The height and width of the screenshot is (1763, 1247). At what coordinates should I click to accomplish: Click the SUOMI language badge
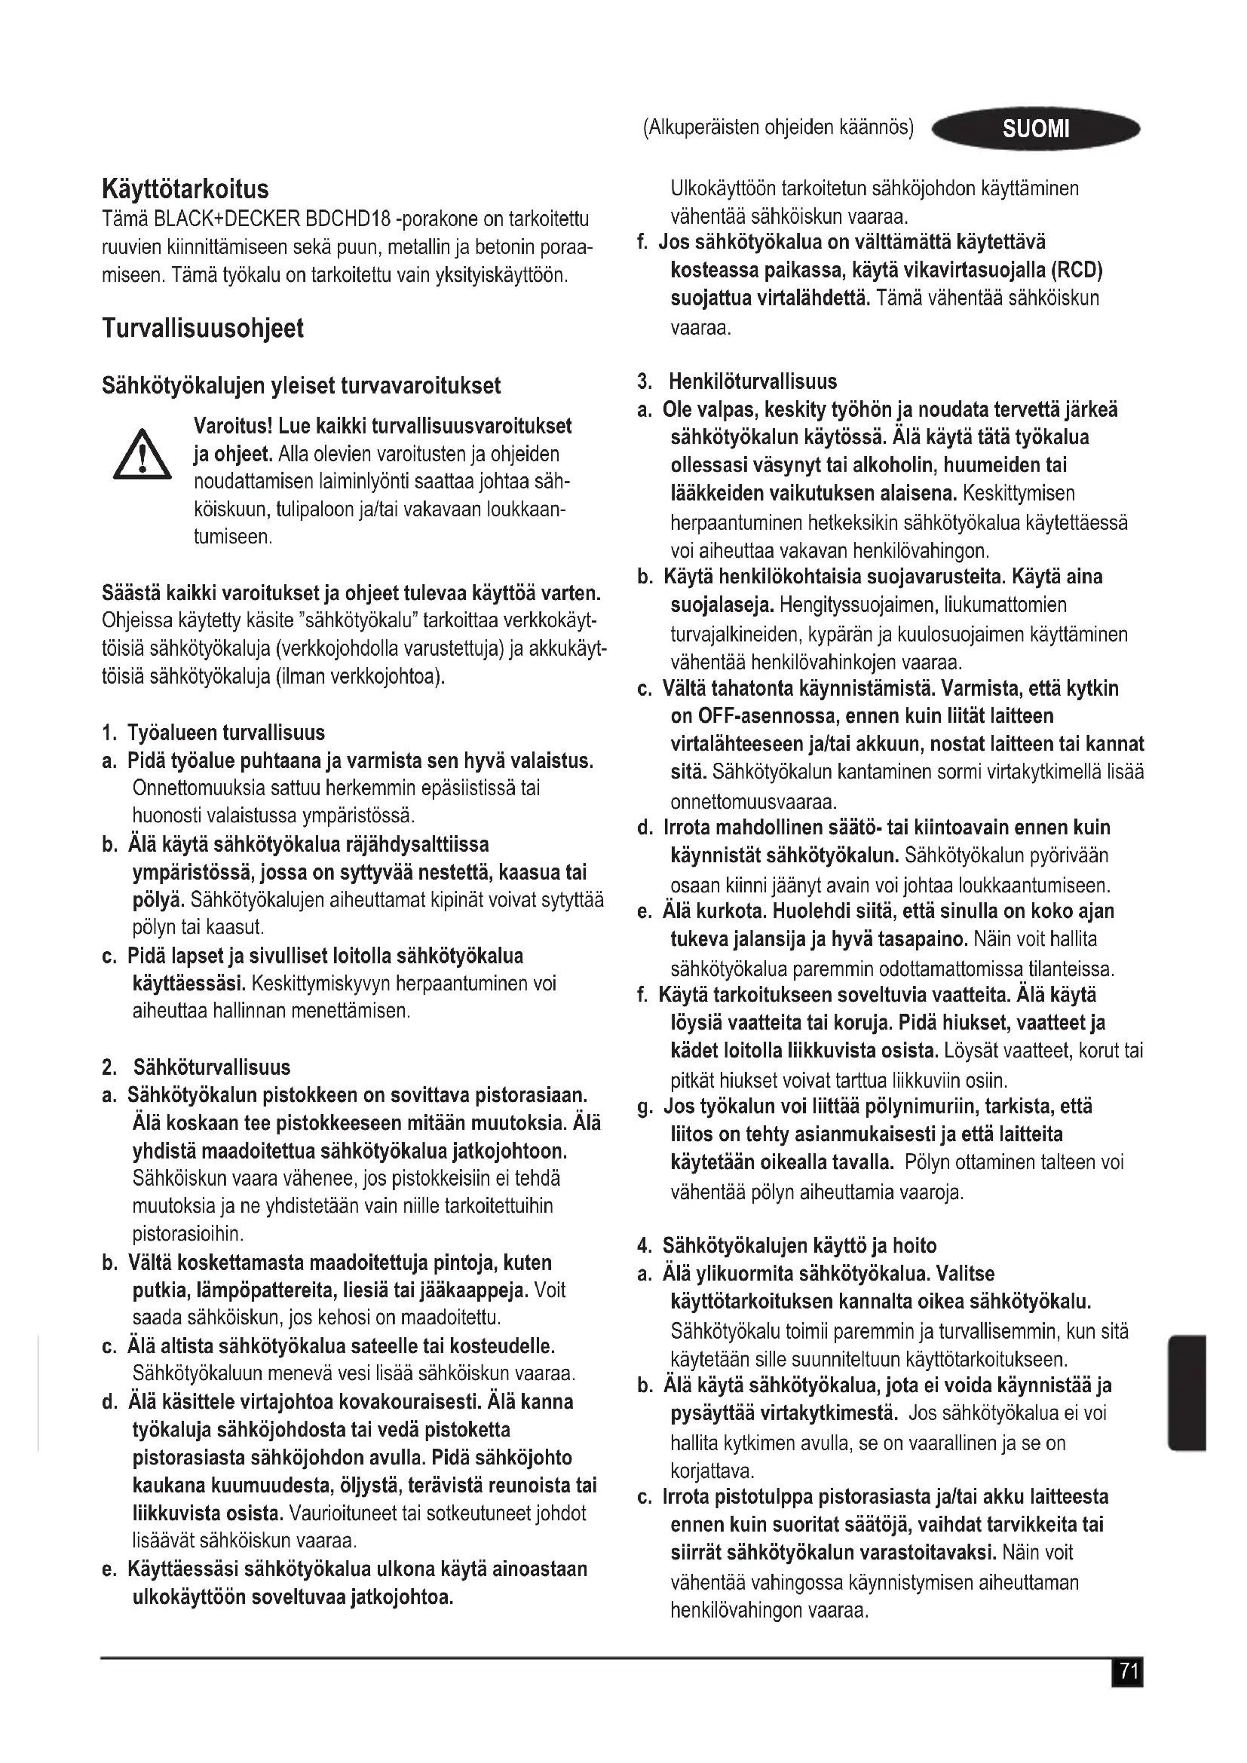click(x=1035, y=128)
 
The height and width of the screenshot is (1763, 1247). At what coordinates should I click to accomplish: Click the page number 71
click(x=1127, y=1672)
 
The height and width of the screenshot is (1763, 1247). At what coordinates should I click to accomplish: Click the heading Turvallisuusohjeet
click(x=203, y=328)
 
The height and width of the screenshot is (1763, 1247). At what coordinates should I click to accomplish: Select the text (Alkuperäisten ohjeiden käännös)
click(x=778, y=127)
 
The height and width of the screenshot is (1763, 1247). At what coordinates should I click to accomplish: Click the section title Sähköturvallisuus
click(x=212, y=1067)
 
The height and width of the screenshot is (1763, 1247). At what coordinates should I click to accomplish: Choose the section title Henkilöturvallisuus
click(x=752, y=381)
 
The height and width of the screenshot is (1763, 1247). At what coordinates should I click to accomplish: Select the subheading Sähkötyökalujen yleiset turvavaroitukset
click(x=301, y=385)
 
